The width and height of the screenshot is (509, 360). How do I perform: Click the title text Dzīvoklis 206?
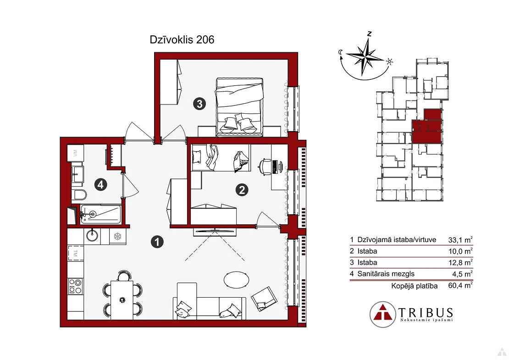click(182, 39)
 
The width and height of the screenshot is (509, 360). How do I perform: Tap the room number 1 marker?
click(157, 242)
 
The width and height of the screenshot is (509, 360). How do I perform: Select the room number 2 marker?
click(242, 190)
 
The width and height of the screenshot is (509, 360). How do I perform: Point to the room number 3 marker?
click(199, 104)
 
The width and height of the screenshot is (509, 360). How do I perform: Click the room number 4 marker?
click(100, 185)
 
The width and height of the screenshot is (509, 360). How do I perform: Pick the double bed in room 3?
click(239, 107)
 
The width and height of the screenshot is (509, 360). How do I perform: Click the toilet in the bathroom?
click(79, 195)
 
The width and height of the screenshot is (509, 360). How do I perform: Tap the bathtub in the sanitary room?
click(100, 214)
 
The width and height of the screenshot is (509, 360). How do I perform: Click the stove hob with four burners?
click(75, 286)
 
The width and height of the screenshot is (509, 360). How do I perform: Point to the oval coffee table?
click(237, 280)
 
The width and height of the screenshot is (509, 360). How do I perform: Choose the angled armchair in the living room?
click(264, 299)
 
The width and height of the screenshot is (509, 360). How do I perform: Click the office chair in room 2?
click(265, 167)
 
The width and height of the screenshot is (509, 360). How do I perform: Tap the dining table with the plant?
click(122, 300)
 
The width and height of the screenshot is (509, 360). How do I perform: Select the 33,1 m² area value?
click(460, 240)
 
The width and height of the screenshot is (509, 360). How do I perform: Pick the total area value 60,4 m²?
click(460, 286)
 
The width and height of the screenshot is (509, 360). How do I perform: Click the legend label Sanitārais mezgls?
click(386, 274)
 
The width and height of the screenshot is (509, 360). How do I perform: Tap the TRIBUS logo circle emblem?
click(383, 314)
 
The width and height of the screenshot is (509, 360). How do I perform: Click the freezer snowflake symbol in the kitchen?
click(117, 236)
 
